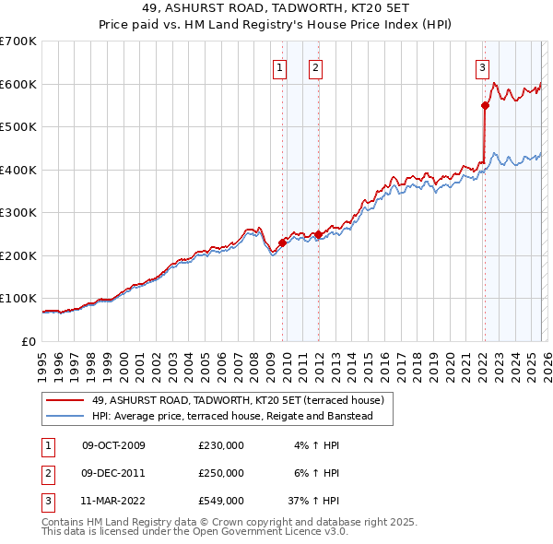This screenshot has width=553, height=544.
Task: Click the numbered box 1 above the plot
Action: point(279,66)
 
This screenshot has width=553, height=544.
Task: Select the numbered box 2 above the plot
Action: point(315,66)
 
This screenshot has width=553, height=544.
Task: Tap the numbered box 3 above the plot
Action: point(482,66)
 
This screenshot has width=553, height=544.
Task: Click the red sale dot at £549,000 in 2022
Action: point(485,105)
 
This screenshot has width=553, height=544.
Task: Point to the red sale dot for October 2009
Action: point(282,242)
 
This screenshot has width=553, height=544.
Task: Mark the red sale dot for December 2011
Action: point(318,234)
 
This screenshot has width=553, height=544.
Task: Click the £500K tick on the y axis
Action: point(18,127)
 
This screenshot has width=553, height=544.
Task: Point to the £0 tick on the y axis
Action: point(29,341)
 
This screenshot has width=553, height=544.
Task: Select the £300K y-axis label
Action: point(18,213)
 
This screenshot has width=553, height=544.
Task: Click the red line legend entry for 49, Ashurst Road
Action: point(243,400)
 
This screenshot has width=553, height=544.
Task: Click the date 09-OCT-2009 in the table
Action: point(113,445)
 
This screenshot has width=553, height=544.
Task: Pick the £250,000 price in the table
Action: point(221,472)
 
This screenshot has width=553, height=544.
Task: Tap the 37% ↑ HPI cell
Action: point(313,501)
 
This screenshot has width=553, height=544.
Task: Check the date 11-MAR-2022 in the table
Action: point(113,501)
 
